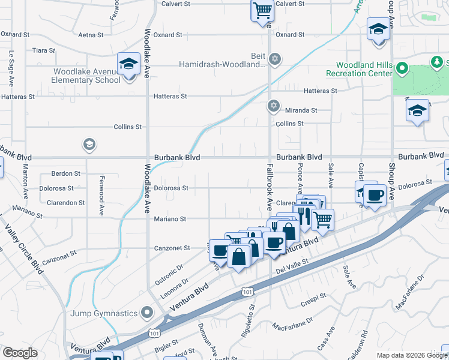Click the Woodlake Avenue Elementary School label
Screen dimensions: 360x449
coord(86,76)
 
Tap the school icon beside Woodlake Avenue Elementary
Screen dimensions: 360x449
coord(128,64)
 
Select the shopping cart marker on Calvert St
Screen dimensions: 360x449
coord(262,10)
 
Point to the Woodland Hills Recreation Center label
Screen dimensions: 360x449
coord(364,69)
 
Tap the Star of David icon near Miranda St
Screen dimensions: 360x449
coord(274,106)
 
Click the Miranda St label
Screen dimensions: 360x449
coord(301,110)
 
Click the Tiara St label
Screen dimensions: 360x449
coord(44,50)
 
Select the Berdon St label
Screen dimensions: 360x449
coord(65,173)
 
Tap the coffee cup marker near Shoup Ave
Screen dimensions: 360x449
coord(375,195)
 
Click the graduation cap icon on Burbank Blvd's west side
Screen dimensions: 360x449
coord(89,144)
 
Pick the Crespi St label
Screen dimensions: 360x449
coord(314,296)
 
